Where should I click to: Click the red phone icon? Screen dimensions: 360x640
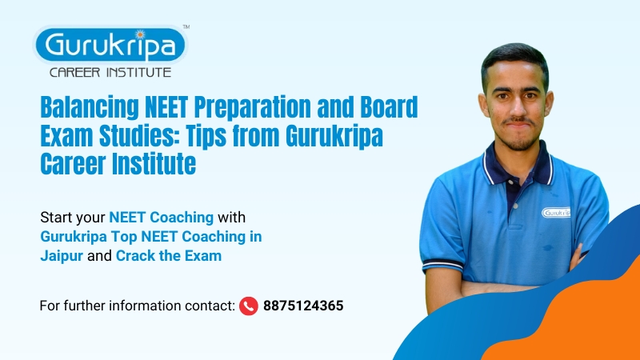[248, 305]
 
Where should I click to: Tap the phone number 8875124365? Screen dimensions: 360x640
[303, 305]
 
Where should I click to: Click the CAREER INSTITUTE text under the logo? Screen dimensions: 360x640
[110, 73]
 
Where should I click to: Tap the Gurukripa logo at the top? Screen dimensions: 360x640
[110, 45]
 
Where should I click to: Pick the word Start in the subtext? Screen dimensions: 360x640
[55, 217]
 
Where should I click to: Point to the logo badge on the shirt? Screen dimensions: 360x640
[555, 213]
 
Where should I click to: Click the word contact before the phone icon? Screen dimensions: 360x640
[213, 306]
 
